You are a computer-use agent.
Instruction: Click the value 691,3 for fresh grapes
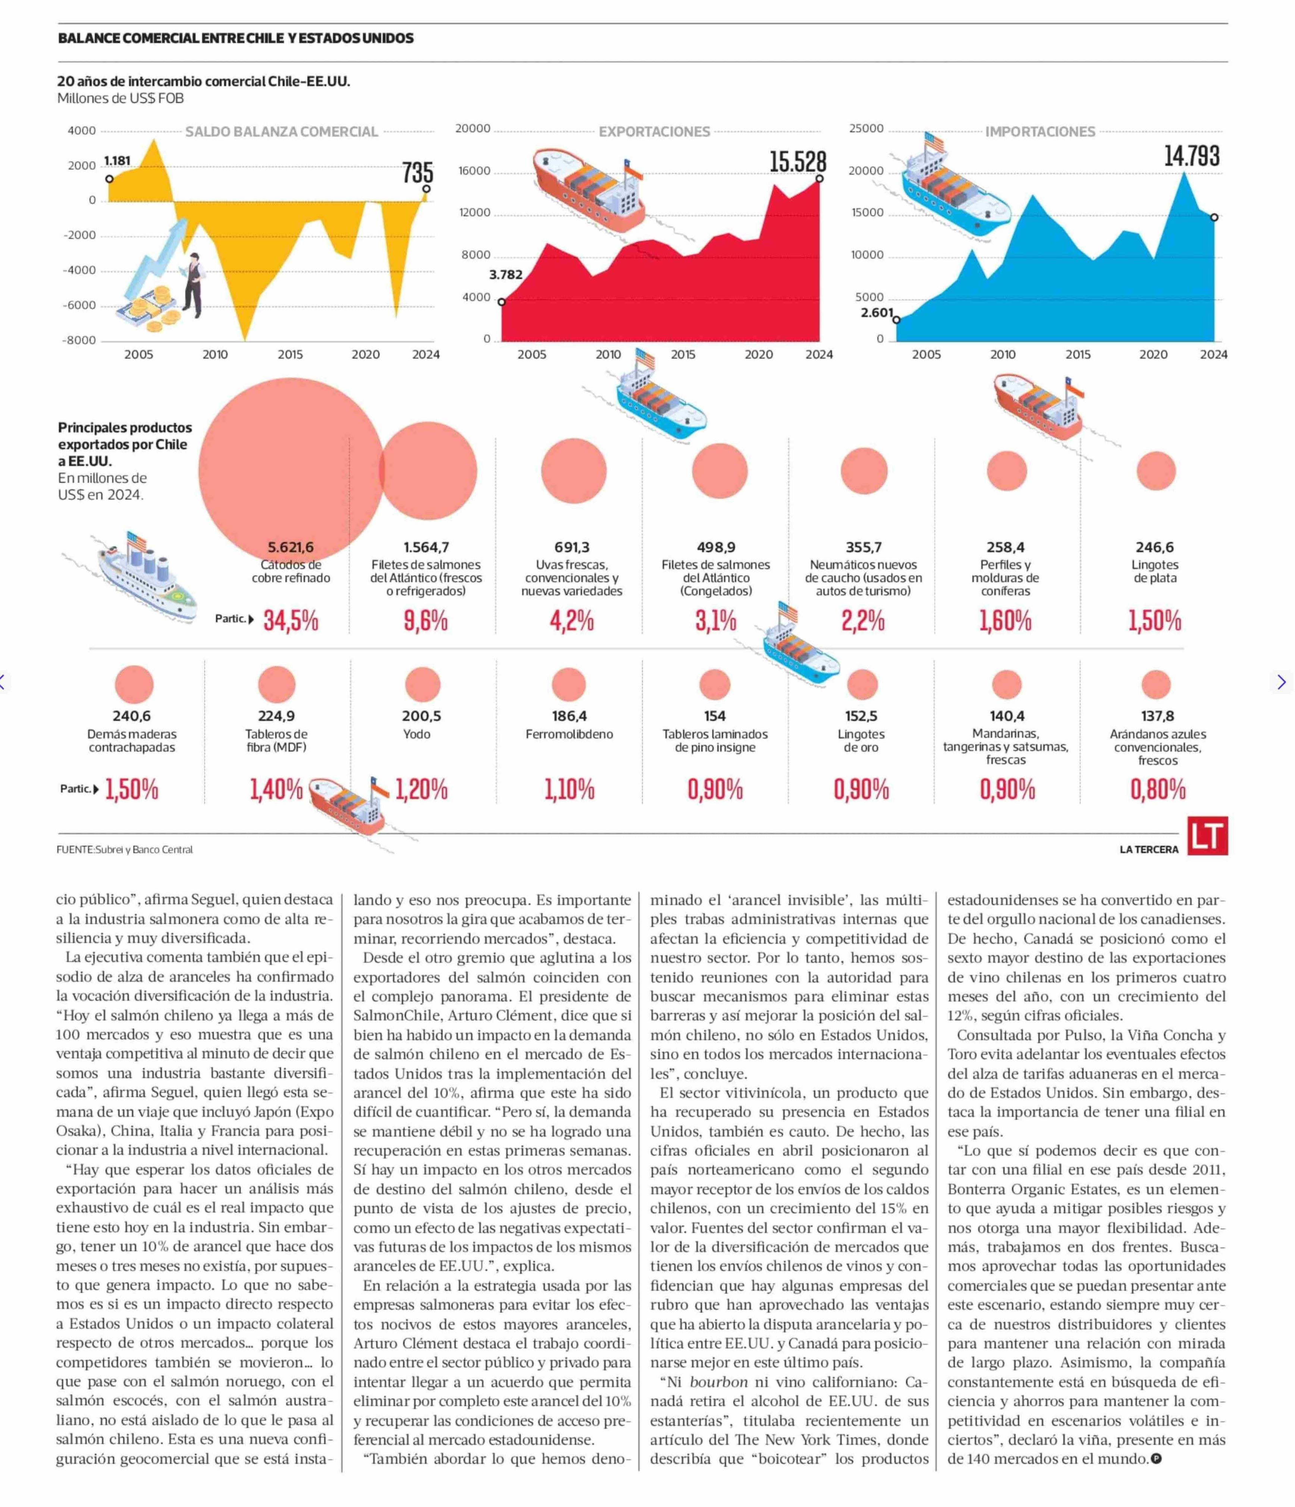coord(572,547)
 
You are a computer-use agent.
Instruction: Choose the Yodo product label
coord(417,734)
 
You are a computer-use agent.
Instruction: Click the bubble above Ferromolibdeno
coord(569,685)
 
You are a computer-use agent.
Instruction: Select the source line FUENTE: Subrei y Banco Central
coord(125,850)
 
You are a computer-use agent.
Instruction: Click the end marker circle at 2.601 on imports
coord(896,319)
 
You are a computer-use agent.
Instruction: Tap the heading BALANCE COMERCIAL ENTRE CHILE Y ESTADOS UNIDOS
coord(236,38)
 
